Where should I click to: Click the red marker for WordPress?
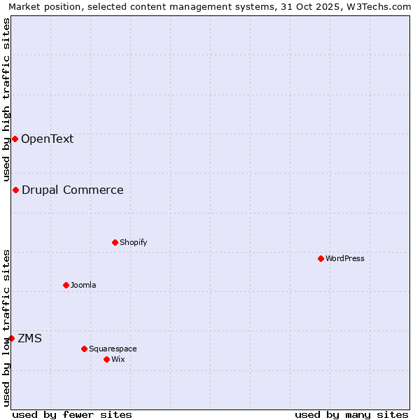(321, 258)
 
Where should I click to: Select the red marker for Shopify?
(115, 242)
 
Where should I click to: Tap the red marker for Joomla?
(66, 285)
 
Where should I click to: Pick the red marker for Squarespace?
(84, 349)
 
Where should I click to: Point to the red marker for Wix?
(106, 359)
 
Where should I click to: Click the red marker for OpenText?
(15, 139)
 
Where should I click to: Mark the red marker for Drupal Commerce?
(15, 190)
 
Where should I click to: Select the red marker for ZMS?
(11, 338)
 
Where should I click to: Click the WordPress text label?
(345, 258)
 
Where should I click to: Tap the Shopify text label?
(133, 242)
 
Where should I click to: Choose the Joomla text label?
(83, 285)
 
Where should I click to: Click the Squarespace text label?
(113, 349)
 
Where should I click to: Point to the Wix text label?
(118, 359)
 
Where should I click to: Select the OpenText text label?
(47, 139)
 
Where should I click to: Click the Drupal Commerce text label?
(73, 190)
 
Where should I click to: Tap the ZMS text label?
(29, 338)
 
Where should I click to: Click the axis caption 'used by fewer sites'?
(72, 414)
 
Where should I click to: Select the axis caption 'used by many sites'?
(351, 414)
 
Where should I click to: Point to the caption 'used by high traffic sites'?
(6, 99)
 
